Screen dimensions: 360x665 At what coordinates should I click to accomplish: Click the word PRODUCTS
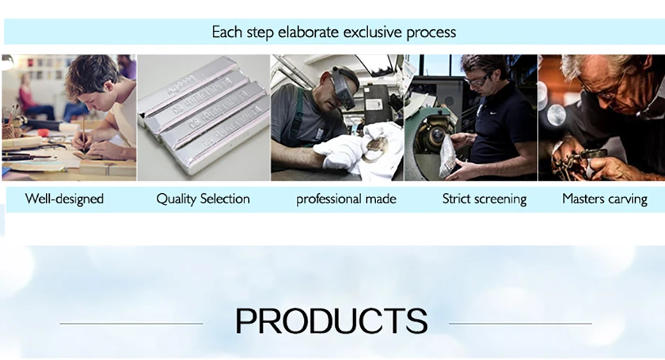point(331,321)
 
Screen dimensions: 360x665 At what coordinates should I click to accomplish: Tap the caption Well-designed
point(64,199)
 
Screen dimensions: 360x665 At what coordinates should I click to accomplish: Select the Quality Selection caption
point(203,199)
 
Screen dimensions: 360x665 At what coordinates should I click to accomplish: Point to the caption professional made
point(346,200)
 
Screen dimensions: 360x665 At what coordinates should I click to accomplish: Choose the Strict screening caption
point(484,199)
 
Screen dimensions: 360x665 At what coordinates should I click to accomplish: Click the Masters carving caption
point(605,199)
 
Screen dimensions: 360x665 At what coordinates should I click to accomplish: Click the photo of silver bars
point(203,116)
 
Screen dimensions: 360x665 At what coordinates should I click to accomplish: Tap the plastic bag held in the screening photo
point(448,158)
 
